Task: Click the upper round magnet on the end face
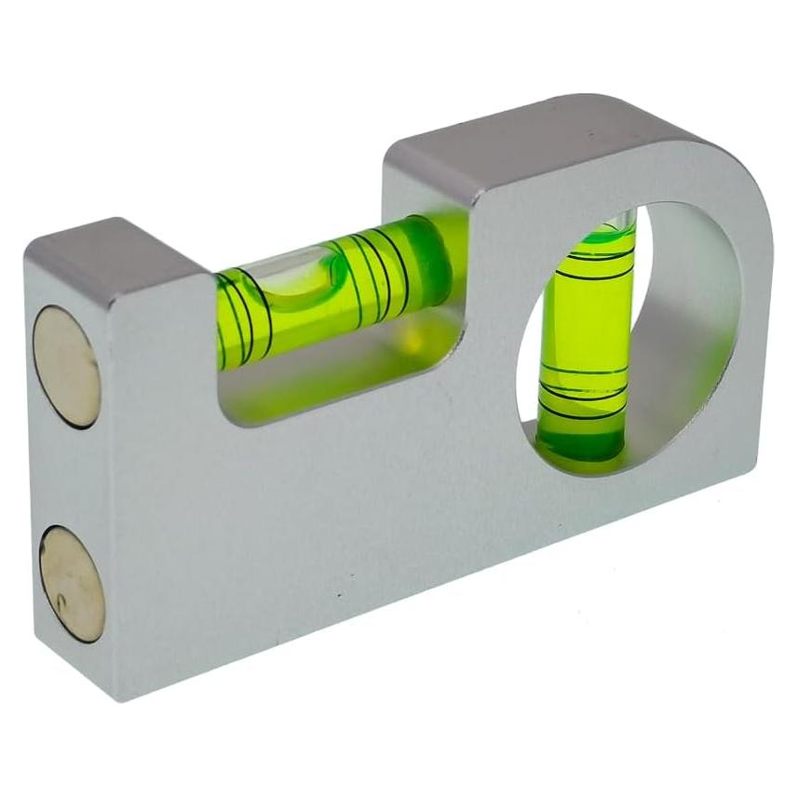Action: click(x=66, y=367)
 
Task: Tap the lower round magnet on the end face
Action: click(x=72, y=583)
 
